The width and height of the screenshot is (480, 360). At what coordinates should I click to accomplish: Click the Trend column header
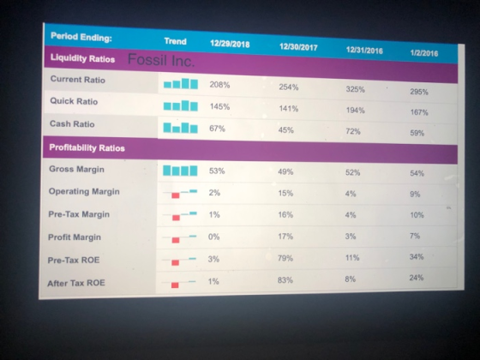[x=175, y=41]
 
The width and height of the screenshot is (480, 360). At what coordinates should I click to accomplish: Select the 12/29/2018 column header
[x=230, y=44]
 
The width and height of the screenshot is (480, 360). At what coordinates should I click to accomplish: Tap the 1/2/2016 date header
[x=424, y=53]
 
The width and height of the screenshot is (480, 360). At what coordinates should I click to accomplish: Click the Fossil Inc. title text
[x=161, y=60]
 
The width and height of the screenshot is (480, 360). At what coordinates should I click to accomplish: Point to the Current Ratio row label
[x=78, y=79]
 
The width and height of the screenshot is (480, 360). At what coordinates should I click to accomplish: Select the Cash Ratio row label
[x=72, y=123]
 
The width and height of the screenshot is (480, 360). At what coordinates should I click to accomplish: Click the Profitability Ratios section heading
[x=87, y=147]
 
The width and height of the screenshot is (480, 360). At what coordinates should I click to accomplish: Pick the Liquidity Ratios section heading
[x=82, y=58]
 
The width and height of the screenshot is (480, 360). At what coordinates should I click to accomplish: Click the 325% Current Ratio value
[x=356, y=89]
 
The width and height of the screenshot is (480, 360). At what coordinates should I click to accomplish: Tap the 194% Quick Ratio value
[x=356, y=111]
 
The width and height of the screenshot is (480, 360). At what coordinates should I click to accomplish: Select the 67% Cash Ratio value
[x=217, y=129]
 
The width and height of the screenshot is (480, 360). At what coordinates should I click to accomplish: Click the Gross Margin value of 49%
[x=285, y=171]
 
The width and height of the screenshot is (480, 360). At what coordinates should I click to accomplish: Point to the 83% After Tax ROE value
[x=285, y=280]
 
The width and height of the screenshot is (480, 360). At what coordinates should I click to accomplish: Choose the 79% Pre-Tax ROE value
[x=285, y=258]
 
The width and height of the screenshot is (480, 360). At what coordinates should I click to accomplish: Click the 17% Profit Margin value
[x=285, y=237]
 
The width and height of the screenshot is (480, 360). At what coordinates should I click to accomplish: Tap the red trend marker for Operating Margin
[x=176, y=195]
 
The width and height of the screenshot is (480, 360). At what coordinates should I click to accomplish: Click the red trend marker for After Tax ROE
[x=175, y=285]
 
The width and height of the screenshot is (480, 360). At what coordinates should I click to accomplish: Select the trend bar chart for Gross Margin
[x=180, y=171]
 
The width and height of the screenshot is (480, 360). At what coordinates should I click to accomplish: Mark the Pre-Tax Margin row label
[x=79, y=214]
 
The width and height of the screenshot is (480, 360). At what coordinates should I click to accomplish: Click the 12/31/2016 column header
[x=364, y=51]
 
